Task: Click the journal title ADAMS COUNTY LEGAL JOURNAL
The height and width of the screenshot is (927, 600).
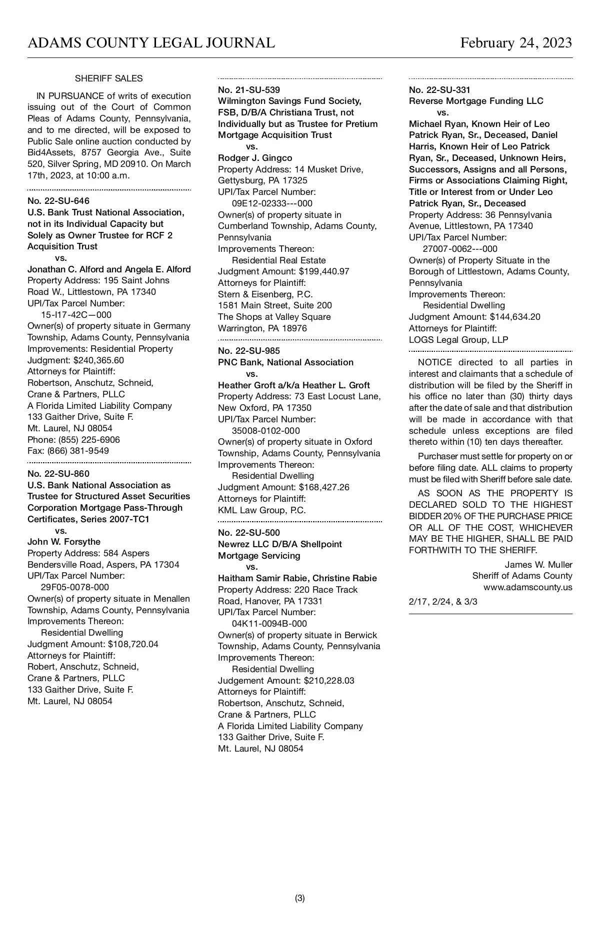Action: tap(151, 43)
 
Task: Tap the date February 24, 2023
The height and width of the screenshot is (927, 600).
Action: tap(516, 43)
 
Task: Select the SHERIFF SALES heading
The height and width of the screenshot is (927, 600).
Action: tap(108, 78)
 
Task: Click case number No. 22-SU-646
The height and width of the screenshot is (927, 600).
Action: tap(58, 201)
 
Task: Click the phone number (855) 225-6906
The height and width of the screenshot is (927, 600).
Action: tap(89, 440)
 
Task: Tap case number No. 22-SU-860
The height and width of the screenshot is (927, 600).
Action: tap(58, 474)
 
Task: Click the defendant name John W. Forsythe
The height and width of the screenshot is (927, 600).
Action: tap(64, 542)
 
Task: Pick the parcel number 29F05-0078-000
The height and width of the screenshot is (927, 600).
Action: tap(75, 587)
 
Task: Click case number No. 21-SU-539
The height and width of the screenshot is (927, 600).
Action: tap(249, 90)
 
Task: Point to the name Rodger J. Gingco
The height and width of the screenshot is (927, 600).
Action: tap(255, 158)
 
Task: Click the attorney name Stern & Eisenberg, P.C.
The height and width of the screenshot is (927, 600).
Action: tap(265, 294)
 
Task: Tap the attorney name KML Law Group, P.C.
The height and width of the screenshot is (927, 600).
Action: tap(262, 510)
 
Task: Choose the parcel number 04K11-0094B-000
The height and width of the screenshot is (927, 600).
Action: tap(269, 624)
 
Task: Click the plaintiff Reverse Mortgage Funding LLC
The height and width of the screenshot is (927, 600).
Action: tap(476, 101)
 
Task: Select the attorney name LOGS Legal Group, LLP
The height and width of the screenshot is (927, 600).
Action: tap(458, 340)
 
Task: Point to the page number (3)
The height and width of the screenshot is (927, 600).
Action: tap(300, 898)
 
